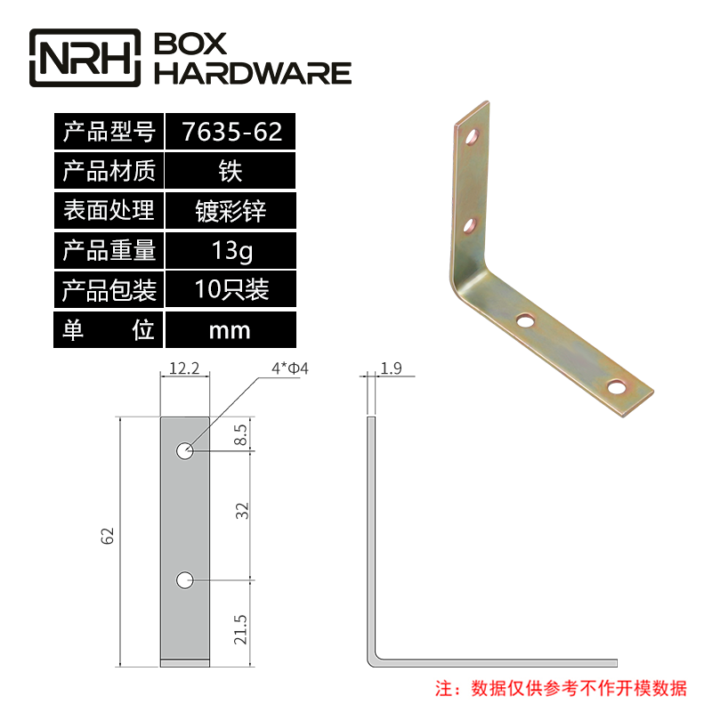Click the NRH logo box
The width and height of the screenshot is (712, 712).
point(86,58)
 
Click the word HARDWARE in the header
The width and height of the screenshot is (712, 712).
point(254,73)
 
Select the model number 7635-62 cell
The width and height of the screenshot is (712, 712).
point(231,133)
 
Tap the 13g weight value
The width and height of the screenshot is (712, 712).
point(231,251)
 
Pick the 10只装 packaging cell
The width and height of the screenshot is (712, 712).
point(231,290)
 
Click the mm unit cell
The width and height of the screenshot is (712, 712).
point(231,330)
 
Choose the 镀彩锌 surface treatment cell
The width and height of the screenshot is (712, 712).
point(231,212)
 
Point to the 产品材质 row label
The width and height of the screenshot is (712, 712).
point(109,172)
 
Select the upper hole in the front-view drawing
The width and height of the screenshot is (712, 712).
point(184,451)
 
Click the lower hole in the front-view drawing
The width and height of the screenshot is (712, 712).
point(184,580)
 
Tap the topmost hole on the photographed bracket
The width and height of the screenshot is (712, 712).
point(473,137)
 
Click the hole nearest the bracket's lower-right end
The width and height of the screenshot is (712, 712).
point(617,387)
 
